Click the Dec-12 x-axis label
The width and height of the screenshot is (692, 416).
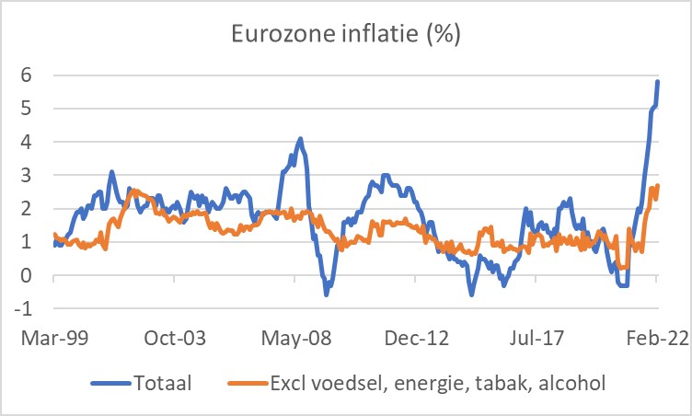421,339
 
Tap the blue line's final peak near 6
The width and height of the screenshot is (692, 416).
657,81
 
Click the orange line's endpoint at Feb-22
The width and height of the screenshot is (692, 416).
658,186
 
